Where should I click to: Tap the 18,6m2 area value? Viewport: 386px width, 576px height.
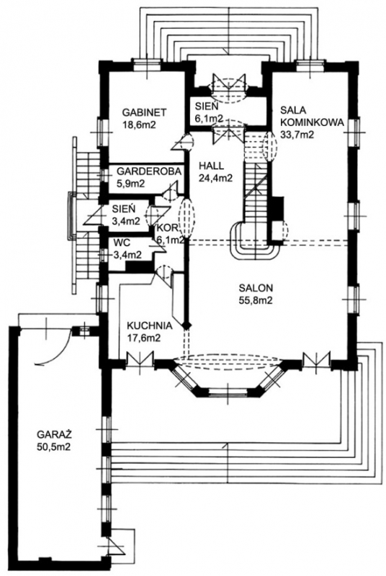click(x=139, y=125)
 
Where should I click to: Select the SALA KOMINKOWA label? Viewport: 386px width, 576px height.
click(x=312, y=116)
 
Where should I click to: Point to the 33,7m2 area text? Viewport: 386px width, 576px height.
click(x=297, y=135)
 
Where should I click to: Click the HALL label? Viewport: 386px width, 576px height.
click(x=210, y=166)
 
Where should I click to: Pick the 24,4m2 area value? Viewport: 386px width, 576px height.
click(x=215, y=178)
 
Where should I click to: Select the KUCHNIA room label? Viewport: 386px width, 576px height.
click(x=149, y=325)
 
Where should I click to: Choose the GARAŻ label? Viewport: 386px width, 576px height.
click(x=53, y=434)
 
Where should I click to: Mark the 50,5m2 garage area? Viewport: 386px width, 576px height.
click(x=53, y=447)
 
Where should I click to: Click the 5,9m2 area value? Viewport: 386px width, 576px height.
click(x=130, y=183)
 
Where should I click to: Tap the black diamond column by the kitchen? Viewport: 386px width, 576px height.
click(x=187, y=325)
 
